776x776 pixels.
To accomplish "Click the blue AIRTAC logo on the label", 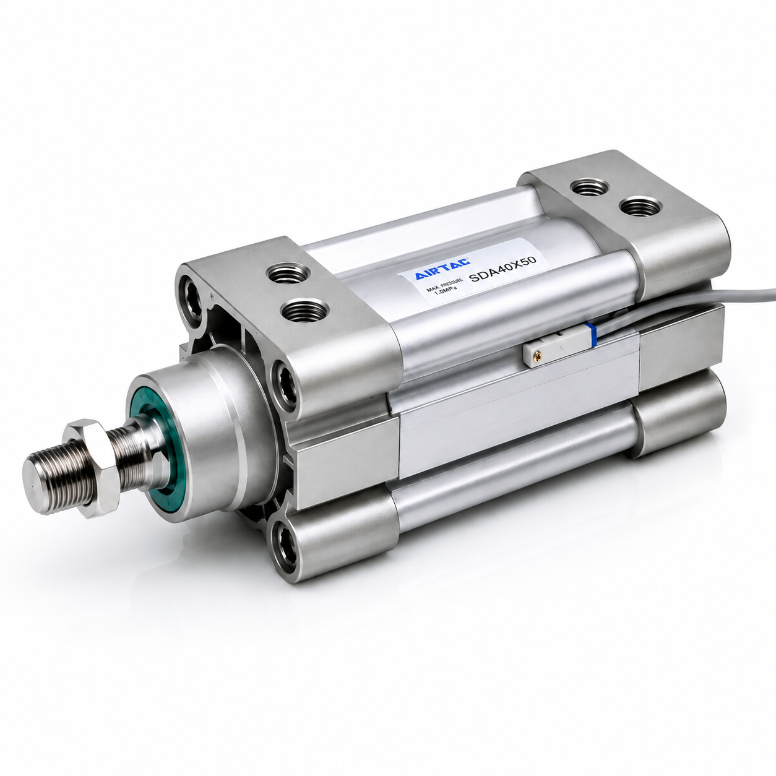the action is click(x=442, y=269).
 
